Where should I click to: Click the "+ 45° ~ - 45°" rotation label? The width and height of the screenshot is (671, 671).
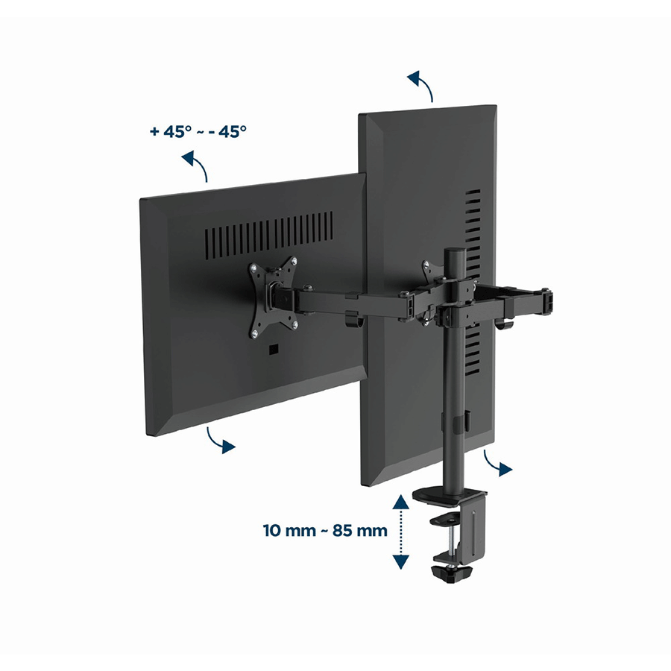(198, 131)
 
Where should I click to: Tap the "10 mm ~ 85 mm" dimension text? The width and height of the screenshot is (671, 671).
(325, 531)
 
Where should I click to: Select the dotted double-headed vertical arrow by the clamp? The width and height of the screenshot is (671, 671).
(400, 532)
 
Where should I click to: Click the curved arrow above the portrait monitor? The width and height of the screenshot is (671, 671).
(421, 85)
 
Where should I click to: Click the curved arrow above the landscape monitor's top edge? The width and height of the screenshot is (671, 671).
(197, 164)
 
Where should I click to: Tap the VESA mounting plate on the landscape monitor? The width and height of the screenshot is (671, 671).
(273, 297)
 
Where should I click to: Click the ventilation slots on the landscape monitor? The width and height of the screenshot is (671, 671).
(268, 236)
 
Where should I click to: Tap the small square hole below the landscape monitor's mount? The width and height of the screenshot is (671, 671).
(273, 350)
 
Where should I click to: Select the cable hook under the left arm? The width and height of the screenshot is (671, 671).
(353, 321)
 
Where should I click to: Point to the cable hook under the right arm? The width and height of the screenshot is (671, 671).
(505, 324)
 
